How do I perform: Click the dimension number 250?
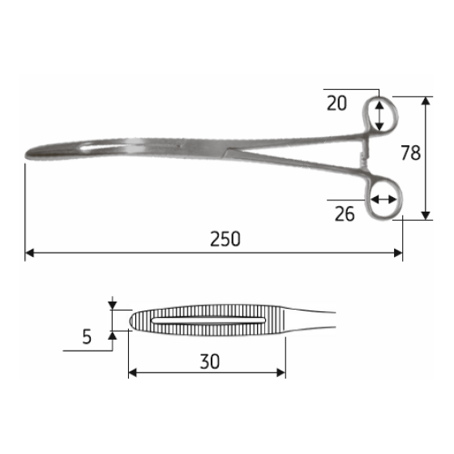225,239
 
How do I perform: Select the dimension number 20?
338,102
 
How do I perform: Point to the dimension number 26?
345,213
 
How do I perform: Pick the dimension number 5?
87,336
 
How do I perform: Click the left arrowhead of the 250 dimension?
29,253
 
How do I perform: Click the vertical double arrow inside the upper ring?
379,115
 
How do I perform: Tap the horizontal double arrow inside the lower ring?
383,199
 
